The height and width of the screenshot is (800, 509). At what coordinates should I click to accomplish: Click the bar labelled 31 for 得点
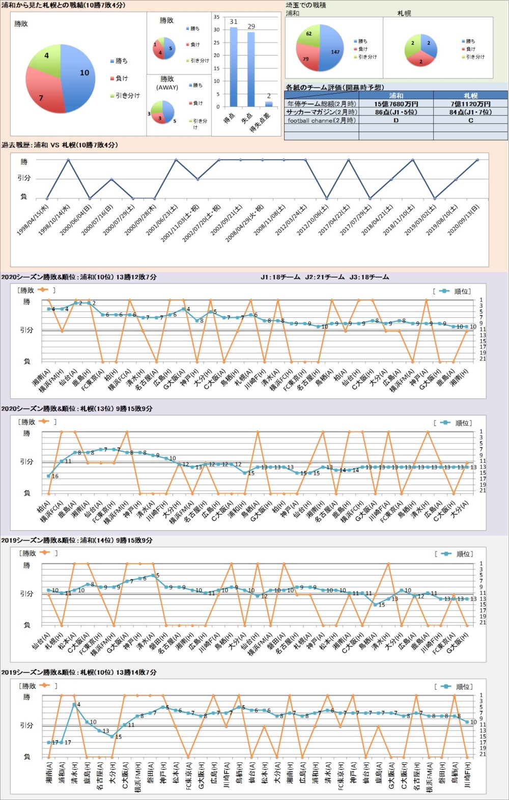coord(234,66)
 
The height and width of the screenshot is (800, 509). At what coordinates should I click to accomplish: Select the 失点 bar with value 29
coord(251,69)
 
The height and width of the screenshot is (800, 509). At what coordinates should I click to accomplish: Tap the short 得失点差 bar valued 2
coord(269,104)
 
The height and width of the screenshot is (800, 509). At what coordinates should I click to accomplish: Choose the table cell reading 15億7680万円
coord(396,104)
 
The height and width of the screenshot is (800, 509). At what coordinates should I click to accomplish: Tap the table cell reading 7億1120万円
coord(470,104)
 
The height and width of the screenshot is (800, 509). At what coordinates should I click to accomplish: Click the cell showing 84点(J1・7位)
coord(470,112)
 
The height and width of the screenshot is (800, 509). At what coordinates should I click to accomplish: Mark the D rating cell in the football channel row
coord(396,121)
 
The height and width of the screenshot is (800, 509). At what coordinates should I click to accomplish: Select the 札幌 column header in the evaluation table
coord(470,96)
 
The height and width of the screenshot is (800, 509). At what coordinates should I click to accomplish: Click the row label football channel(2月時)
coord(322,121)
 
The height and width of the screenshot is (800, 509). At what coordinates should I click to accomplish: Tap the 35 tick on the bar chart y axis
coord(216,17)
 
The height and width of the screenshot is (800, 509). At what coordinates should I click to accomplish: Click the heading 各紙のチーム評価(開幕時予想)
coord(335,87)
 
